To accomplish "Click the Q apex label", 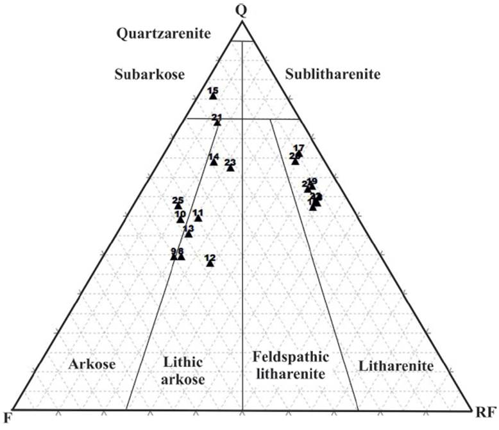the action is click(x=241, y=9).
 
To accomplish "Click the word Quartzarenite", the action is click(x=164, y=34).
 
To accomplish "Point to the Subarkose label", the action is click(x=149, y=74).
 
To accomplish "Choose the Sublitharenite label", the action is click(x=333, y=74).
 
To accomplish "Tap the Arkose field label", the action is click(x=92, y=365).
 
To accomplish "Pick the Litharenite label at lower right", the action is click(x=396, y=366).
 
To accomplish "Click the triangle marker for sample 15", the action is click(x=213, y=96).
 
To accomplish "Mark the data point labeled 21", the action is click(x=217, y=122).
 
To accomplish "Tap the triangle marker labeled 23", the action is click(x=230, y=168).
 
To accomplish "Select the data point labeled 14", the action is click(x=214, y=162).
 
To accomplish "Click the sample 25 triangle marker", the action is click(x=178, y=206).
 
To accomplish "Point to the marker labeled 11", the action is click(x=198, y=218).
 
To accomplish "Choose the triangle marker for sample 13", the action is click(x=189, y=234).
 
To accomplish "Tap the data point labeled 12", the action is click(x=210, y=263).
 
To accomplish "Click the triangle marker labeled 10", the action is click(x=180, y=219).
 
